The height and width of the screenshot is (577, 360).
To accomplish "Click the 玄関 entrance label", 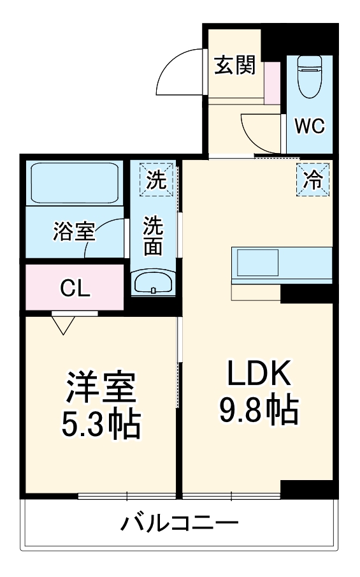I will pos(234,65).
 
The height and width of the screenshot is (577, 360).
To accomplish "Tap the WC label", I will pos(309,126).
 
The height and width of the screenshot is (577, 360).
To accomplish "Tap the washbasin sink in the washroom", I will pos(154,282).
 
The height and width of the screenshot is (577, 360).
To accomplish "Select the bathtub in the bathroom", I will pos(75,183).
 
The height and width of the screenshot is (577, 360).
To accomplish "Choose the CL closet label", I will pos(76,288).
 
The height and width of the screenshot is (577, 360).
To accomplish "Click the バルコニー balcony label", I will pos(180,524).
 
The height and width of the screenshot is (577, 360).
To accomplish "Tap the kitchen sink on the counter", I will pos(257,262).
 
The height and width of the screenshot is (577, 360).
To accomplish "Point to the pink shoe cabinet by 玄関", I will pos(273,83).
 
